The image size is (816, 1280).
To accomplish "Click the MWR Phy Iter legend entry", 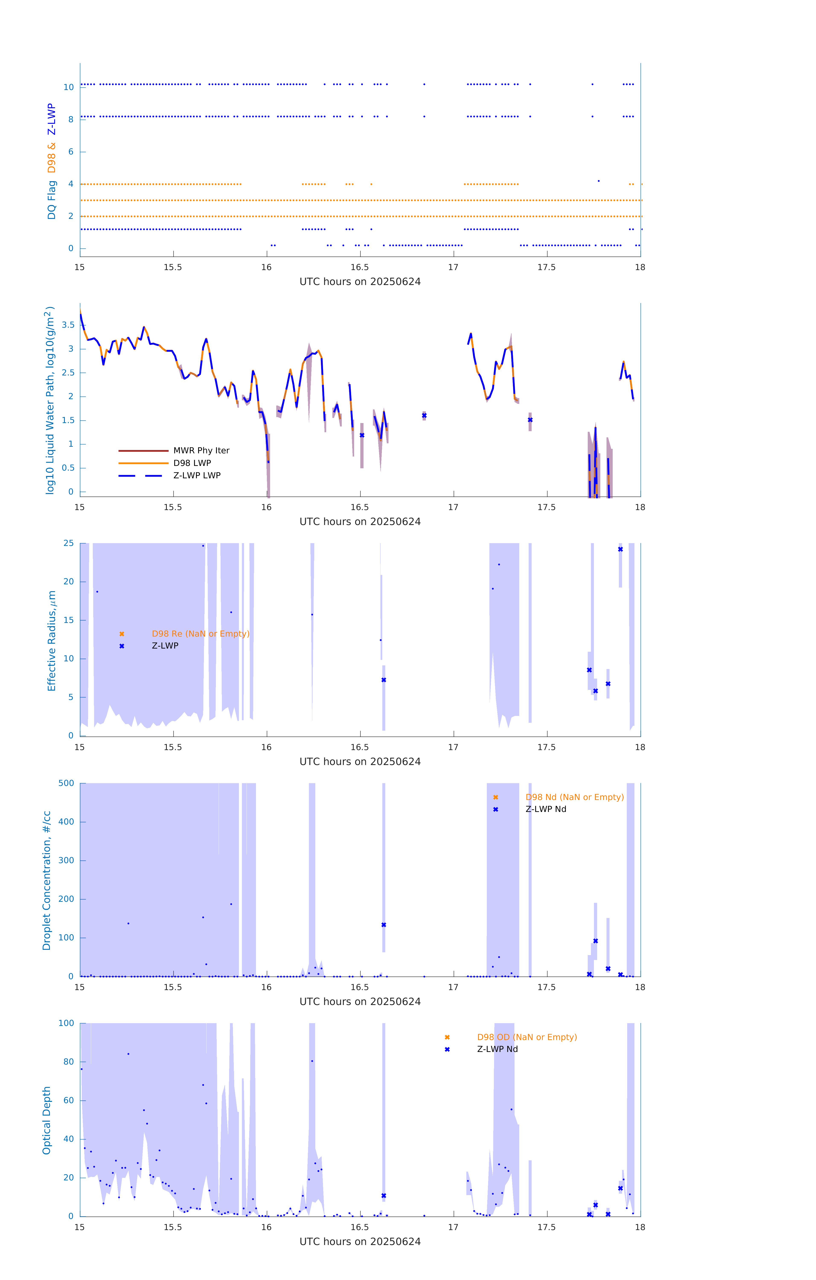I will [201, 451].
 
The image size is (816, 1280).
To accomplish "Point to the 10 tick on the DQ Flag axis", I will [68, 87].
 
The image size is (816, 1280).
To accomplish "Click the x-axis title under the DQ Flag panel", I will [360, 282].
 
